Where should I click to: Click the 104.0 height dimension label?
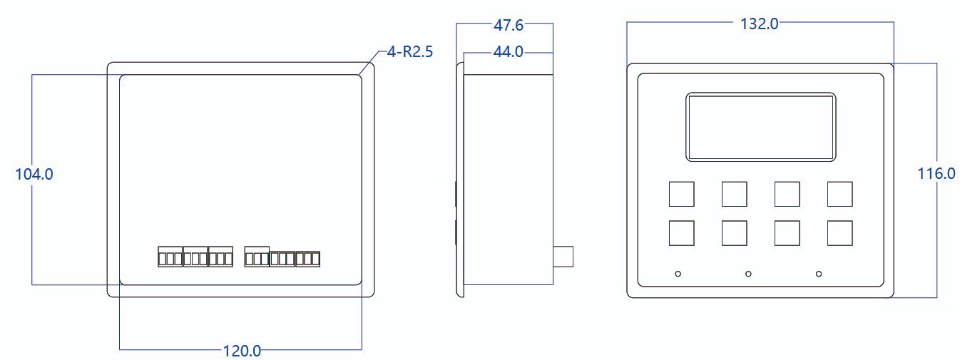tap(34, 174)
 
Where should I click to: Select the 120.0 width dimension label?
tap(242, 351)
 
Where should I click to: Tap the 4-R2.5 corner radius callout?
tap(409, 52)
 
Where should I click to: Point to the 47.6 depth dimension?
tap(509, 25)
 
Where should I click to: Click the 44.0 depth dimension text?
tap(509, 52)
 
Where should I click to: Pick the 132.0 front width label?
tap(760, 24)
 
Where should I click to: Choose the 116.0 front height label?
tap(936, 173)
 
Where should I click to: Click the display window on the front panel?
tap(761, 127)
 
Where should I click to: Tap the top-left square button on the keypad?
tap(681, 194)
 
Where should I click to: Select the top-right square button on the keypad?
tap(840, 194)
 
